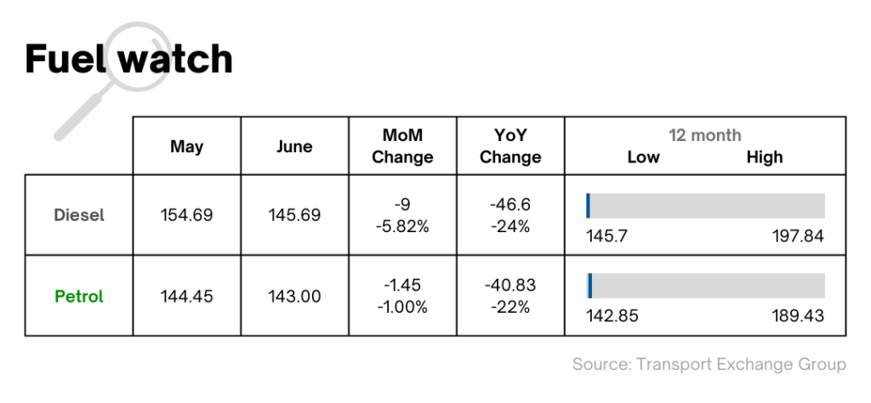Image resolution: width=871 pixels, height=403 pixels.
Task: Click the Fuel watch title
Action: (x=128, y=60)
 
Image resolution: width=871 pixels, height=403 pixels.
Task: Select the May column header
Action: (x=186, y=146)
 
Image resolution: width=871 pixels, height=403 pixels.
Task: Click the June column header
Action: (x=294, y=146)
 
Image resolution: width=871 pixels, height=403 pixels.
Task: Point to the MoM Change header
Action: (x=402, y=146)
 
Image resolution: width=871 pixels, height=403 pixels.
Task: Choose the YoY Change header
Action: (x=510, y=146)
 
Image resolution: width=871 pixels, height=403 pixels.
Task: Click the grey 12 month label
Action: (x=704, y=135)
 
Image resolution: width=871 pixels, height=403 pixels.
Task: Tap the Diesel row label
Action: (x=79, y=215)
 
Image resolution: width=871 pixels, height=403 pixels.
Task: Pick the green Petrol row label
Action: (x=79, y=297)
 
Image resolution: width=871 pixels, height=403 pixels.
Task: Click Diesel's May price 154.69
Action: (x=186, y=215)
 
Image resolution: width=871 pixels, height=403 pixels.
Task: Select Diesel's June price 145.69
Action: (x=294, y=215)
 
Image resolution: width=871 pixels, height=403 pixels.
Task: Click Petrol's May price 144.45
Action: (x=186, y=297)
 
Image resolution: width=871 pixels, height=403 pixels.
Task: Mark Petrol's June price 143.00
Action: (x=294, y=297)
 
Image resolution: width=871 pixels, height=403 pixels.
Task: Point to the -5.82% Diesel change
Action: (x=402, y=226)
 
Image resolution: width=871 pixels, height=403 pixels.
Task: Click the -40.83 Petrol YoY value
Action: (x=510, y=285)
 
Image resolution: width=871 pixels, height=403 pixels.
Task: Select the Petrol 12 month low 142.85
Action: (x=612, y=316)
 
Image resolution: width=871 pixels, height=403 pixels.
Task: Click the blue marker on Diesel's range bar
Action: (x=588, y=206)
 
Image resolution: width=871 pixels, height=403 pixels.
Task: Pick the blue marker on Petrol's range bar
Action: (x=589, y=286)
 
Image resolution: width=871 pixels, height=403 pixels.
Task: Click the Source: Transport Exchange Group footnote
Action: (x=709, y=364)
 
